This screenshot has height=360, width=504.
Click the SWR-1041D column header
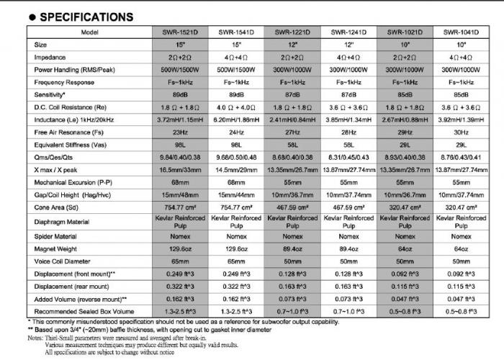[x=462, y=32]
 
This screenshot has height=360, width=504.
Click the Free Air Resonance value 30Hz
[x=462, y=132]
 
